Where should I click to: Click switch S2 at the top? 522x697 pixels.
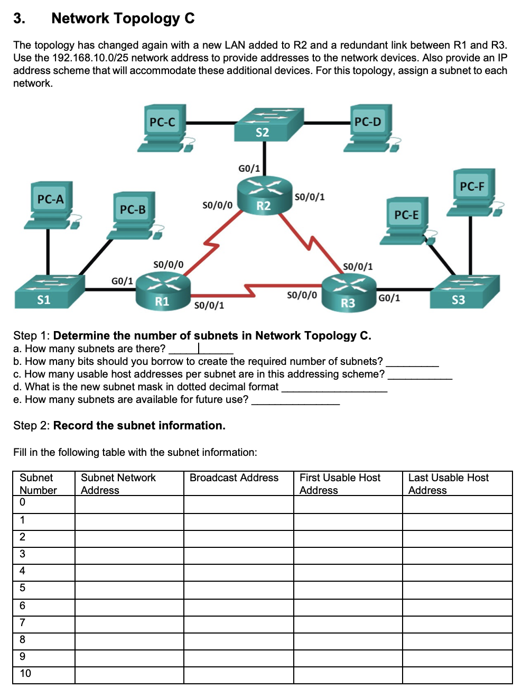(268, 125)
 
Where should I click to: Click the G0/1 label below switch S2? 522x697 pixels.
(249, 169)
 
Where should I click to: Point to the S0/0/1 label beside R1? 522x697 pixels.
(209, 306)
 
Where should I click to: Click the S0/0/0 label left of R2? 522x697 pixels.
(217, 205)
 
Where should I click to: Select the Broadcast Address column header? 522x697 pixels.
(234, 478)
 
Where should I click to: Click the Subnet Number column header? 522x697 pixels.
(38, 483)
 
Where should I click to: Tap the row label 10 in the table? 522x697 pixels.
(25, 673)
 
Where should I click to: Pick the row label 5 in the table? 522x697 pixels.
(22, 588)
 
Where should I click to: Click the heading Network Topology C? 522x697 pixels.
(123, 19)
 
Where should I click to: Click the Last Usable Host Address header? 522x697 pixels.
(448, 483)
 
